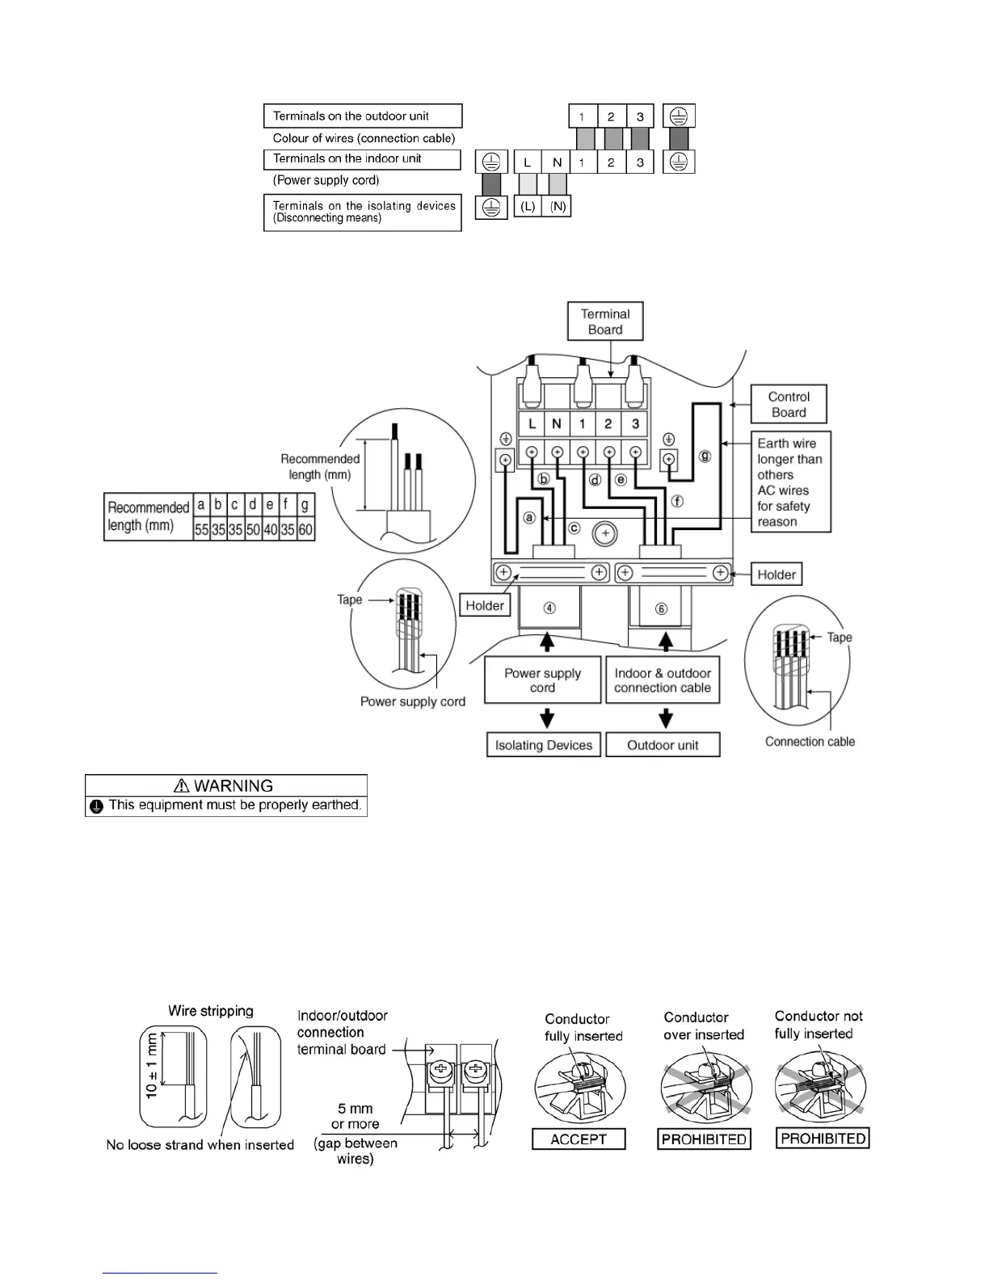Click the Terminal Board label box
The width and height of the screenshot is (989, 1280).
click(x=605, y=322)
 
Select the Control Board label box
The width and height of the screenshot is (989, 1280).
click(x=789, y=404)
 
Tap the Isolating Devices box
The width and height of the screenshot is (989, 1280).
click(x=544, y=745)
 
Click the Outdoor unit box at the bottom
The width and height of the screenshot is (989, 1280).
click(x=663, y=745)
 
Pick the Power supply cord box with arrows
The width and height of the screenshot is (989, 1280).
click(x=543, y=680)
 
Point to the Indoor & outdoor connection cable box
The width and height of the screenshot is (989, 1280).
click(x=663, y=680)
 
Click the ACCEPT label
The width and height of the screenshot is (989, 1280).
click(x=579, y=1139)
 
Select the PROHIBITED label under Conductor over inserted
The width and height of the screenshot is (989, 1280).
click(x=704, y=1139)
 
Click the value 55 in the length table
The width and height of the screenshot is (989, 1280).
click(x=201, y=530)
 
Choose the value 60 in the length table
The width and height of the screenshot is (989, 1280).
click(x=305, y=530)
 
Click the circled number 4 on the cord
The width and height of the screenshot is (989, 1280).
click(x=549, y=608)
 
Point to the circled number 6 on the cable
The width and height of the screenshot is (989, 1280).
click(x=661, y=608)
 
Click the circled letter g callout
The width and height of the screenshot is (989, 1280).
click(x=705, y=456)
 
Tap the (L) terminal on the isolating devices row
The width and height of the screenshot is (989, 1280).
click(x=528, y=207)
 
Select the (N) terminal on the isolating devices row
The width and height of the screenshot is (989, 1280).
click(x=558, y=207)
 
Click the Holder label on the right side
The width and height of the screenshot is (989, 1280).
click(x=776, y=575)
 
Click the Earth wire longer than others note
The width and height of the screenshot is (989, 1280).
click(x=789, y=482)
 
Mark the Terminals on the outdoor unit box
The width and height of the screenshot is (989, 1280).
click(x=363, y=116)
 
